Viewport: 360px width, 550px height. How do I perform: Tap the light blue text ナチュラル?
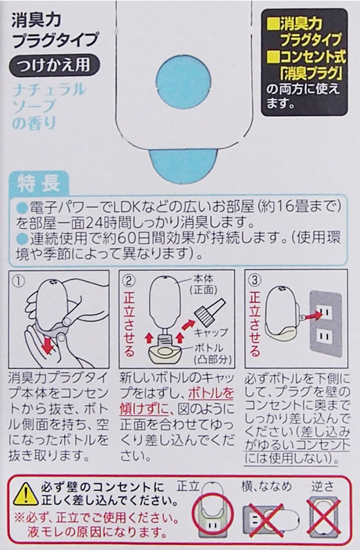pos(48,90)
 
